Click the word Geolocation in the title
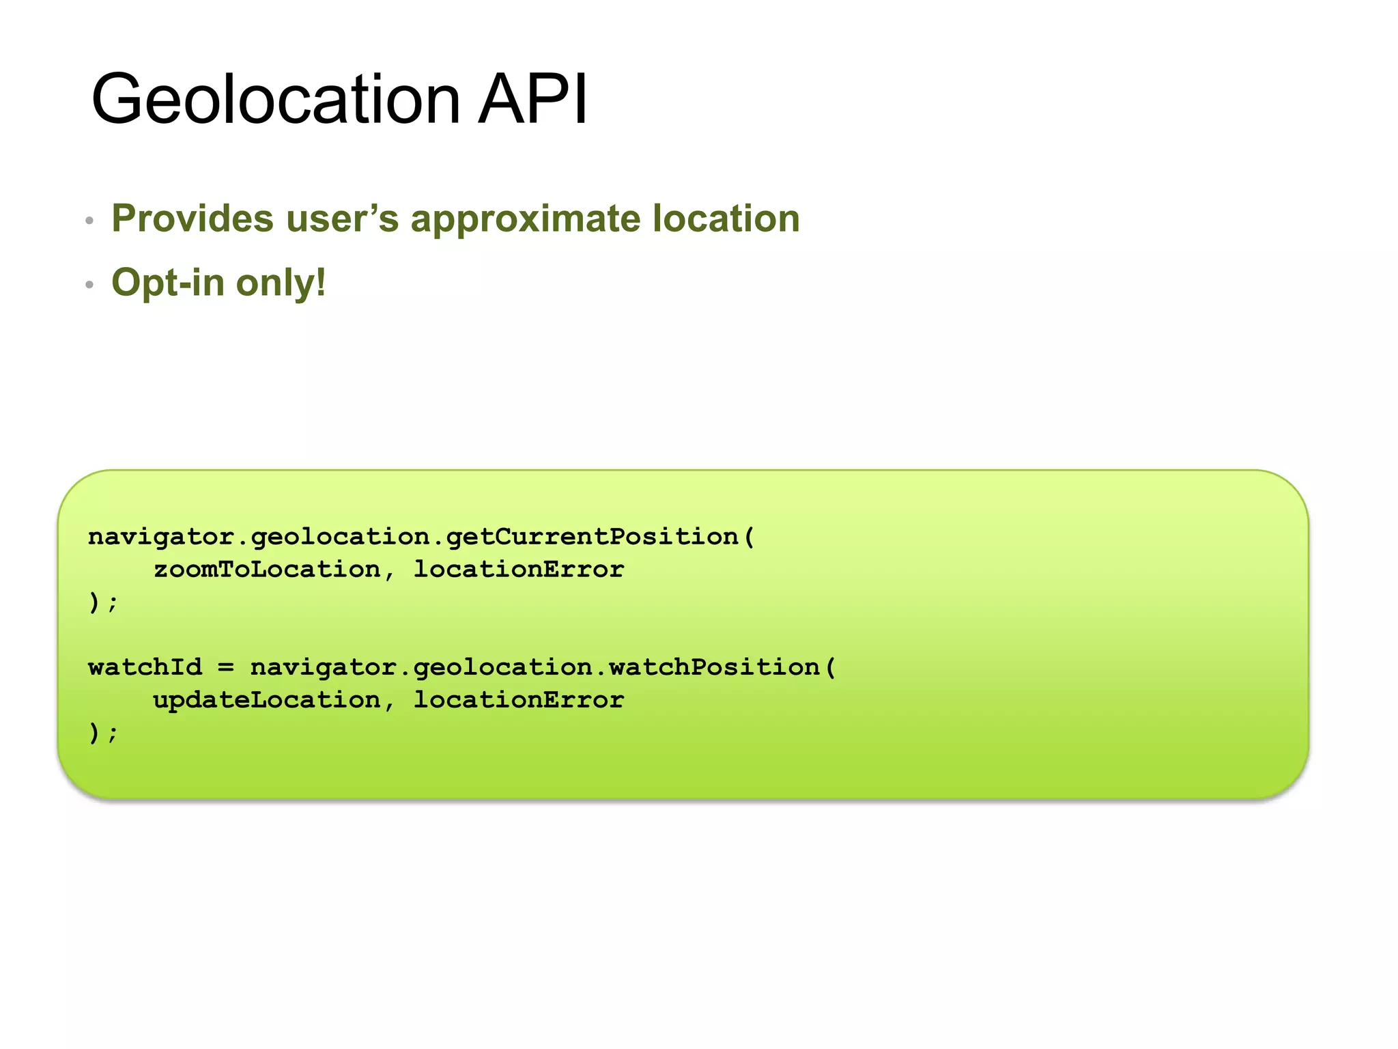point(276,100)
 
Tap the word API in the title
point(532,100)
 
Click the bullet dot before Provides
point(89,221)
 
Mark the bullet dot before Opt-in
point(89,285)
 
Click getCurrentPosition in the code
point(593,537)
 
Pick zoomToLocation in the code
point(267,569)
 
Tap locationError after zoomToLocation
point(519,569)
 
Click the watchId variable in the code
point(145,667)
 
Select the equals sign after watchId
point(226,667)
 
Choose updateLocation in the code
point(267,699)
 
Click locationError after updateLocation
point(519,699)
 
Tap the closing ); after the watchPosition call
point(103,733)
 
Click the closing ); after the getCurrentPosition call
point(103,602)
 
